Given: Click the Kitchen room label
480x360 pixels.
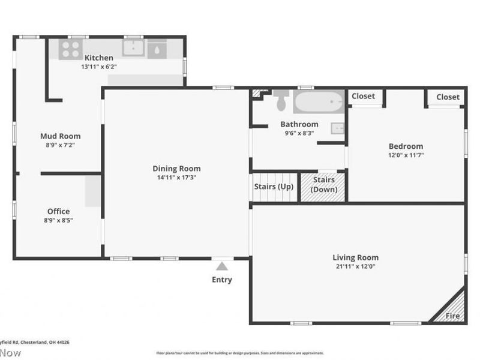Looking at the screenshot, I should click(98, 58).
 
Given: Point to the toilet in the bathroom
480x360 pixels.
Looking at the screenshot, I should click(281, 100).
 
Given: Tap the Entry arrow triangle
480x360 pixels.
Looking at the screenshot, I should click(222, 266).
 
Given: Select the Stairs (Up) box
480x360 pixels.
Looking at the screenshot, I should click(274, 187).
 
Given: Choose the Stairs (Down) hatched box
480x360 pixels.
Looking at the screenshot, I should click(323, 187).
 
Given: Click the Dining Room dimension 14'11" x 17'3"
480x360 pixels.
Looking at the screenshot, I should click(176, 178).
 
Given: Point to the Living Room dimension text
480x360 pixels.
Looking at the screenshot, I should click(355, 266).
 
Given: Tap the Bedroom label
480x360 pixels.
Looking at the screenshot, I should click(406, 146).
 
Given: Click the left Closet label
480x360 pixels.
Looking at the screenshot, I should click(363, 96).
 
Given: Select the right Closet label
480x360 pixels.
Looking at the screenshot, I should click(448, 97).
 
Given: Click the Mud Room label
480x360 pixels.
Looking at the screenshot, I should click(60, 136).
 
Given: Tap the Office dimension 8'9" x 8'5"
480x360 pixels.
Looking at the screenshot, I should click(58, 220).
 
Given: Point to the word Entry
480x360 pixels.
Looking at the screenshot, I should click(221, 280).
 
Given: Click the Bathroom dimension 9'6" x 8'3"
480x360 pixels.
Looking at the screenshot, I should click(299, 133).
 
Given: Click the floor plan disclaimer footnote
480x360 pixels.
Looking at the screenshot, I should click(240, 353).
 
